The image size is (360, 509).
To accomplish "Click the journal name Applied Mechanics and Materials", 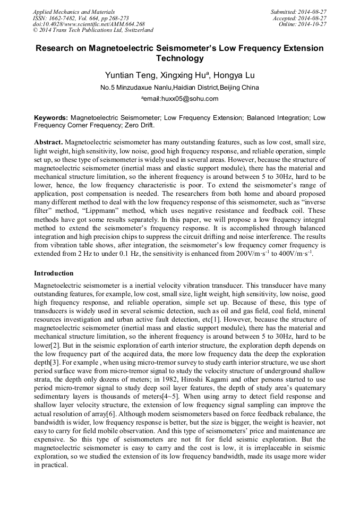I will [74, 12].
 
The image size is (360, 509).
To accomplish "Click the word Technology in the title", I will [179, 58].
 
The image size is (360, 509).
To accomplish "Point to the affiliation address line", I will [179, 88].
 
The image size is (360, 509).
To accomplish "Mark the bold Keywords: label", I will [51, 117].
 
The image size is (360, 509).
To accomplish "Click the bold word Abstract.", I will [48, 143].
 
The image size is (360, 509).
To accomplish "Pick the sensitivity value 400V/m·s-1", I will [292, 254].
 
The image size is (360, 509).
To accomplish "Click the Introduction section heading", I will [54, 273].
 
